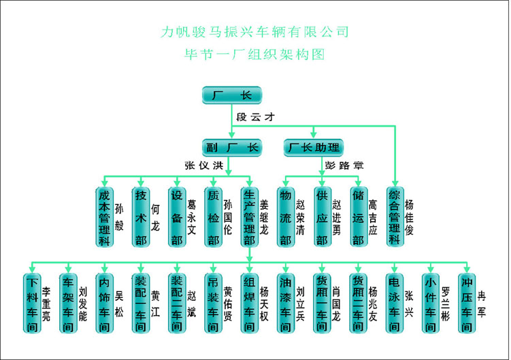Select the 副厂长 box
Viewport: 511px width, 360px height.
[x=231, y=147]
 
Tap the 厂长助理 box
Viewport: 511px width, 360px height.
[x=314, y=147]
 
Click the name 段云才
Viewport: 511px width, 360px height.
[x=255, y=116]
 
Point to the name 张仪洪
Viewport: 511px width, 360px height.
[x=204, y=165]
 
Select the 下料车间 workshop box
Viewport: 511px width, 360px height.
[x=31, y=304]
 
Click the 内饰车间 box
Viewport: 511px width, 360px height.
[x=104, y=304]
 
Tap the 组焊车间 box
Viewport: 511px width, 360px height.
[x=250, y=304]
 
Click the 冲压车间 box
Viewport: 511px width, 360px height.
[x=467, y=304]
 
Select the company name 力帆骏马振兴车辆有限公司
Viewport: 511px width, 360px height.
[x=255, y=31]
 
